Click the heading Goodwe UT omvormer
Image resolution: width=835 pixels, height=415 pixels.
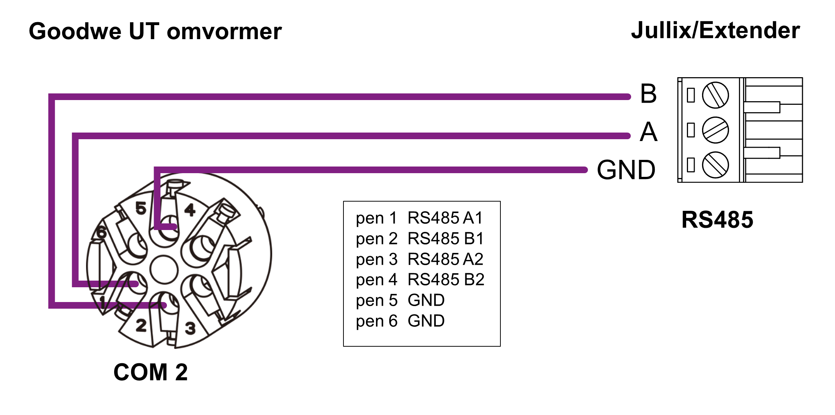tap(155, 31)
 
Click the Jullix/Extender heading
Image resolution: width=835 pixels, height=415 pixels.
tap(715, 30)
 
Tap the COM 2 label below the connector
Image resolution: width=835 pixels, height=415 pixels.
tap(150, 372)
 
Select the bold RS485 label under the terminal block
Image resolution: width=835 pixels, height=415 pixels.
tap(717, 220)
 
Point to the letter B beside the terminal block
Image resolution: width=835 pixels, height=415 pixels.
tap(649, 94)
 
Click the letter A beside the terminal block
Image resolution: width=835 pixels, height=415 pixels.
tap(649, 132)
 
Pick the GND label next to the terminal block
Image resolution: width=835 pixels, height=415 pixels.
tap(626, 170)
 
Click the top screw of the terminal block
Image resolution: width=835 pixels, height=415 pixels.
tap(715, 95)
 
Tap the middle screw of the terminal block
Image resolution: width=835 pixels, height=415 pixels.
tap(715, 130)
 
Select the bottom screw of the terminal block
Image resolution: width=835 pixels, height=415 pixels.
tap(715, 165)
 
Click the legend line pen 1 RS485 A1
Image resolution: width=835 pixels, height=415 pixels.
tap(419, 218)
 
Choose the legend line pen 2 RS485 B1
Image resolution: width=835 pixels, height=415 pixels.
tap(420, 239)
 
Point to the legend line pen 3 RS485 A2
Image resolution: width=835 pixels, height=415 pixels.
tap(420, 259)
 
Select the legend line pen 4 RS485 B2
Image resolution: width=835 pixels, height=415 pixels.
tap(420, 280)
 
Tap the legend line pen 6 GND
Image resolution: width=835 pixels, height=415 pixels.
tap(400, 321)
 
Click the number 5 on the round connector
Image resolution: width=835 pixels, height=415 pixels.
tap(141, 208)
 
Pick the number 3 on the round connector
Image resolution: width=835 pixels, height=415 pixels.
tap(190, 328)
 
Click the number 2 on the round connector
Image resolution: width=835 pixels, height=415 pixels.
tap(141, 326)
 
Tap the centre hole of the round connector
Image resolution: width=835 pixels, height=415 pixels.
tap(164, 269)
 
